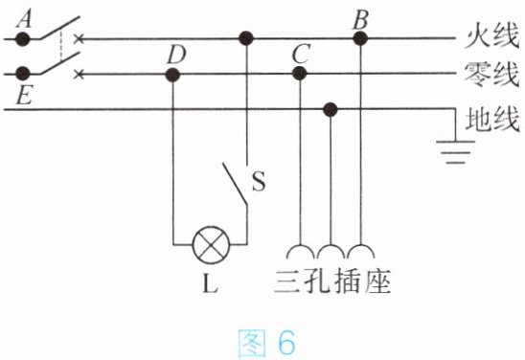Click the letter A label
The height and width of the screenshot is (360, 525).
(25, 18)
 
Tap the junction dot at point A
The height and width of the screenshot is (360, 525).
(23, 39)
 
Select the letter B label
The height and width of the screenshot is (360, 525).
(361, 19)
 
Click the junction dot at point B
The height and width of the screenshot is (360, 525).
(360, 38)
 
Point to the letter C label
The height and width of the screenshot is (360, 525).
(301, 54)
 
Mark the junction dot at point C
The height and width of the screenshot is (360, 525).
(300, 74)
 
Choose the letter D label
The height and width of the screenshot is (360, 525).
(176, 55)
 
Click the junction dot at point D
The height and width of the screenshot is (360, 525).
(172, 75)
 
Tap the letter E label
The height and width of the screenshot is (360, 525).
(24, 96)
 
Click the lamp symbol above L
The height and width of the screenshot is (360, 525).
(212, 245)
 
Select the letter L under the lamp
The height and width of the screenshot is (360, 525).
(211, 283)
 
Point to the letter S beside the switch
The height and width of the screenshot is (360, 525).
(259, 181)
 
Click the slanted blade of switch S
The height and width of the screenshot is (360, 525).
(235, 184)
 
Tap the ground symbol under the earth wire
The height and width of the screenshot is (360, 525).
(455, 152)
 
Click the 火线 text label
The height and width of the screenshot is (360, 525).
(491, 35)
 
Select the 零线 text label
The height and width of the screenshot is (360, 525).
(491, 75)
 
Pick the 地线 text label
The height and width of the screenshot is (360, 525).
(492, 119)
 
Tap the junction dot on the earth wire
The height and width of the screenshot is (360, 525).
(331, 109)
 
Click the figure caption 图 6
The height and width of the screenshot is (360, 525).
(267, 342)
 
